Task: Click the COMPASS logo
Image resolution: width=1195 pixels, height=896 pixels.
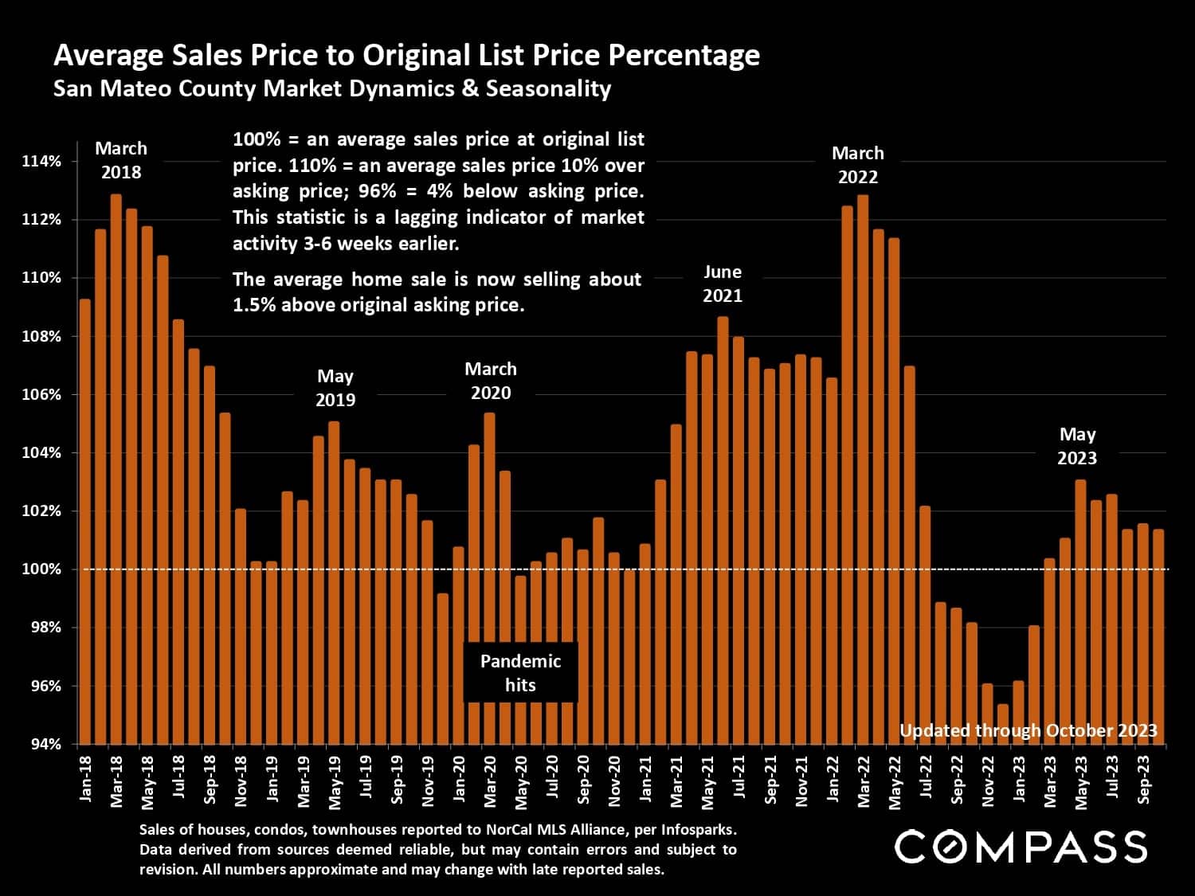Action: [x=1021, y=847]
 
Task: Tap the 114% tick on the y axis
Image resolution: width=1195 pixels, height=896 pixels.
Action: [x=41, y=162]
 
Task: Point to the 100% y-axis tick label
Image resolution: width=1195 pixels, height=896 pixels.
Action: [x=41, y=569]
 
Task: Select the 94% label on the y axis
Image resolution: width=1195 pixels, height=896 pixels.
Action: [x=44, y=745]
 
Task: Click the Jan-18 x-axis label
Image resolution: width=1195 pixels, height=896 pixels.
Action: [x=85, y=778]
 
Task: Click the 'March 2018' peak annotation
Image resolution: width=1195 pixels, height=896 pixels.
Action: [x=120, y=160]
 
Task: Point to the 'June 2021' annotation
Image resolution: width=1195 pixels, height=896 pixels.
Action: [x=723, y=284]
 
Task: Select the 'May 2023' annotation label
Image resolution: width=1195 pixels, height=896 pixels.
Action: [x=1077, y=446]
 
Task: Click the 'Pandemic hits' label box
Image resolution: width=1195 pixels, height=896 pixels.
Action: [x=520, y=673]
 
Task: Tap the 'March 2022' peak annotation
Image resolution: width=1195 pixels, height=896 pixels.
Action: [x=858, y=165]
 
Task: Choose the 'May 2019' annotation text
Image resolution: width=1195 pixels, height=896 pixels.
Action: [x=335, y=388]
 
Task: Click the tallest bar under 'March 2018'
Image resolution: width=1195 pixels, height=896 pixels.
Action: [x=116, y=470]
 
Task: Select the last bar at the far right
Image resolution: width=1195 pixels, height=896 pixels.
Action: [x=1158, y=637]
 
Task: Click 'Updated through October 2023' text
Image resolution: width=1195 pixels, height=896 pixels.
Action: [x=1028, y=730]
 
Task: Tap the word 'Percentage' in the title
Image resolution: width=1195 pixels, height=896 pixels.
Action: [x=684, y=55]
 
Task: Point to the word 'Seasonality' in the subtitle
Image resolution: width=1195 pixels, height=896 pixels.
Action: [x=548, y=88]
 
